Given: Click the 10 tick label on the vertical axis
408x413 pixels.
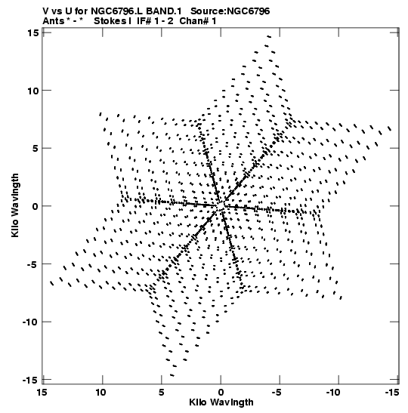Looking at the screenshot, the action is point(32,91).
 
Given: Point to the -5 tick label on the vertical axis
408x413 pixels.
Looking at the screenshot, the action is point(32,264).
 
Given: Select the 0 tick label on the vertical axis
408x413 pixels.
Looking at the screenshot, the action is point(35,206).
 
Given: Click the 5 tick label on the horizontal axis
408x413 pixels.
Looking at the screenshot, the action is point(161,393).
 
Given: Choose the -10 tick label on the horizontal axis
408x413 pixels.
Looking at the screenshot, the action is point(333,393).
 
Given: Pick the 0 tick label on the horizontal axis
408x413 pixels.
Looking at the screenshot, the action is point(221,393).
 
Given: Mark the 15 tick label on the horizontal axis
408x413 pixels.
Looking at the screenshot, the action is point(42,393).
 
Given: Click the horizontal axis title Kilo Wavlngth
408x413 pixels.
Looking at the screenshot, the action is point(221,402).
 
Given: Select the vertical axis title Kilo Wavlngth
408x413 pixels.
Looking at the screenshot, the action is point(15,205).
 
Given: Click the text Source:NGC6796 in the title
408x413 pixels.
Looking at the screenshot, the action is point(230,11).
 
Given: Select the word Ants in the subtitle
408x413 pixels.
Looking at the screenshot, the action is point(53,21).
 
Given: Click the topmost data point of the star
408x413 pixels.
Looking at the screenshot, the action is point(269,36).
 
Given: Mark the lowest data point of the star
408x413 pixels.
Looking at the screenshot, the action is point(172,375).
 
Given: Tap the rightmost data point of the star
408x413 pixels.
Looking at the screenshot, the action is point(390,128).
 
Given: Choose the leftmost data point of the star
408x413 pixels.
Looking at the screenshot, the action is point(51,283).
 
